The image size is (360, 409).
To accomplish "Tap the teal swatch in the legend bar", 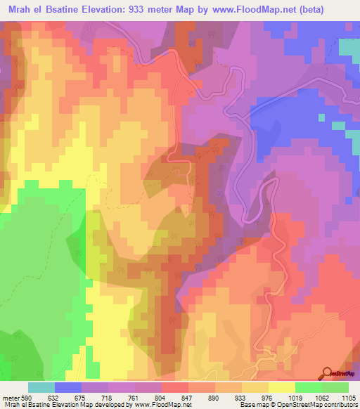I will [x=41, y=387].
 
